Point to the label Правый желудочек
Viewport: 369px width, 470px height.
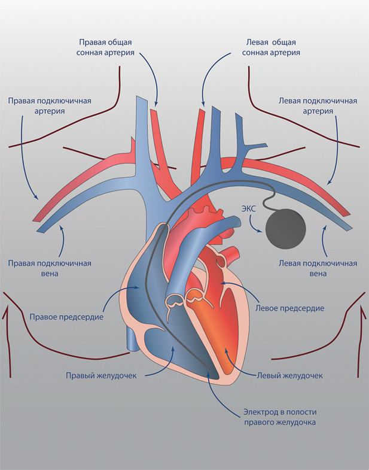click(102, 375)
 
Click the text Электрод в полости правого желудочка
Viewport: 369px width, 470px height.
click(279, 417)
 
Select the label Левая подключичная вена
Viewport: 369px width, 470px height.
click(318, 268)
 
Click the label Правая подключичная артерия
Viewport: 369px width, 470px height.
click(49, 105)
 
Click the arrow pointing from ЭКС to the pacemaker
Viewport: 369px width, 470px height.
click(254, 226)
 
